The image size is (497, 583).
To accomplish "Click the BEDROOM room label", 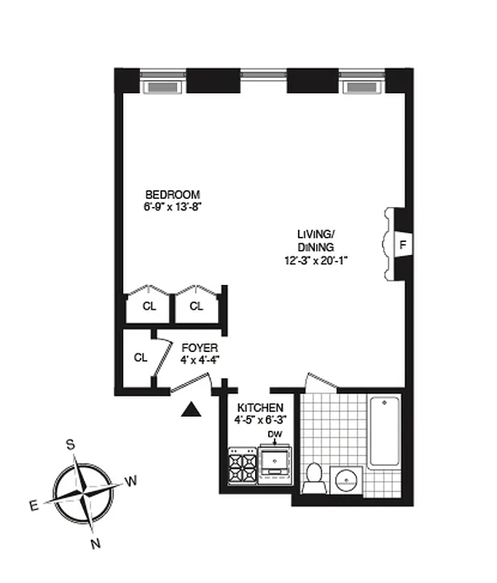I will coord(173,195).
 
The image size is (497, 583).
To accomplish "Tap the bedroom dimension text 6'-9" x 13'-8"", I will coord(173,206).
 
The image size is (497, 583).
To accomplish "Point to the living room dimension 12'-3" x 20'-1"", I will coord(316,260).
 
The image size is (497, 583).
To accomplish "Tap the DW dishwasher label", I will coord(275,435).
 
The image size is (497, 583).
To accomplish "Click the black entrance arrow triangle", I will coord(191,410).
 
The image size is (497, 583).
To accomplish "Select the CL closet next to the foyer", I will coord(141,358).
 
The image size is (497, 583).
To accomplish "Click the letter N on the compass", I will coord(95,543).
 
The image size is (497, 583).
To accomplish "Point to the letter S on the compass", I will coord(71,445).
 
